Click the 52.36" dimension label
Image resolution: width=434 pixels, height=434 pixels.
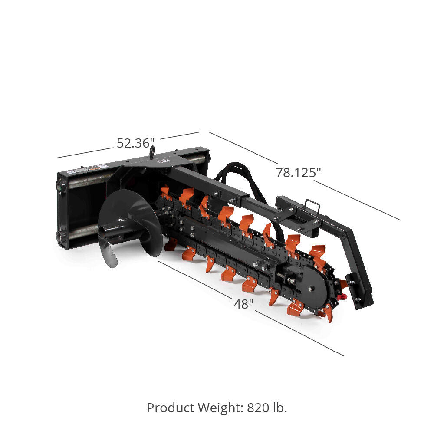pyautogui.click(x=135, y=143)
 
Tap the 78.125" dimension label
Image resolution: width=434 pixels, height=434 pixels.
pyautogui.click(x=298, y=172)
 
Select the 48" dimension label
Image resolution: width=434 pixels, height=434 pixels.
pyautogui.click(x=243, y=304)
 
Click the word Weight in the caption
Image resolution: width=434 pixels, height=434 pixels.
pyautogui.click(x=221, y=408)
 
